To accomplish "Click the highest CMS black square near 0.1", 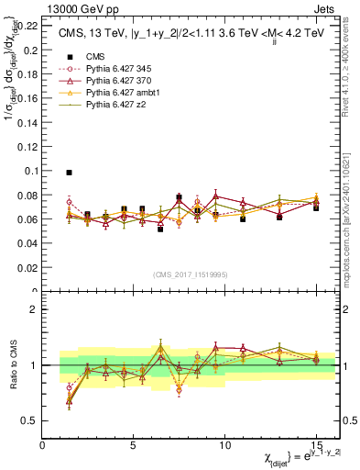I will (69, 172).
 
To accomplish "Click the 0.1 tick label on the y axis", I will (32, 171).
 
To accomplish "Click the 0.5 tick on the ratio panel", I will (30, 420).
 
